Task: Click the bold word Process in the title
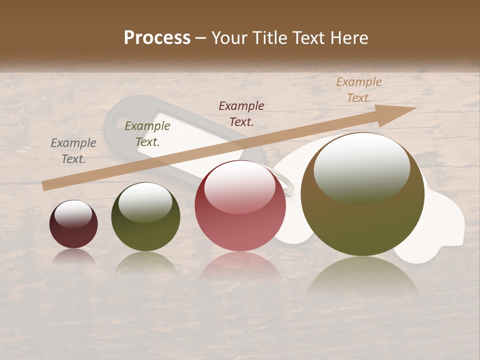pyautogui.click(x=157, y=37)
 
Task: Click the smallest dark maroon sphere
pyautogui.click(x=73, y=224)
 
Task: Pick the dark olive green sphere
pyautogui.click(x=145, y=216)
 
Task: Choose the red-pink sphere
pyautogui.click(x=240, y=205)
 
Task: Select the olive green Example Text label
pyautogui.click(x=147, y=134)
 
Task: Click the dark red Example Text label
pyautogui.click(x=241, y=113)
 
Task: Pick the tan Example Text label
pyautogui.click(x=358, y=90)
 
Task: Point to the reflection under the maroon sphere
pyautogui.click(x=73, y=256)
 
